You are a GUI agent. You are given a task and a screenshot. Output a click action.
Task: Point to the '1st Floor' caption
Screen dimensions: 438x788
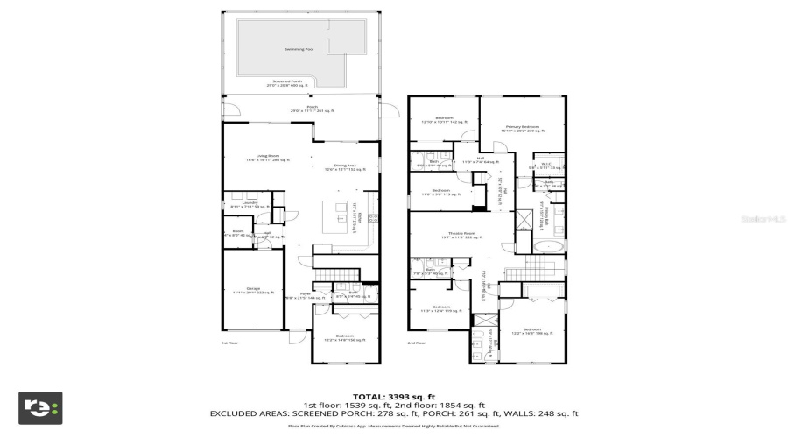[229, 343]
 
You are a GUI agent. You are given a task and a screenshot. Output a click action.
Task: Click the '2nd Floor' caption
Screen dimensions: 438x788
[418, 343]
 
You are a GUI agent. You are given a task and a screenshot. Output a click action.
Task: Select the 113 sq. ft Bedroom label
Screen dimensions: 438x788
[440, 193]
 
